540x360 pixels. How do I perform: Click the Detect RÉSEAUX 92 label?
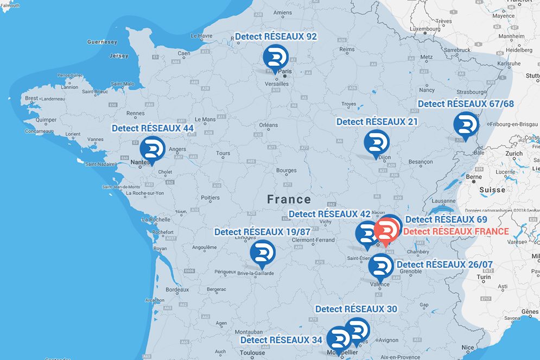tap(276, 36)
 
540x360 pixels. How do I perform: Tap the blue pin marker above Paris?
tap(276, 58)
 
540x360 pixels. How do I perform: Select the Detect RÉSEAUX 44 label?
tap(153, 128)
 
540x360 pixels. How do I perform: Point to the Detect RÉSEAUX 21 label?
tap(377, 122)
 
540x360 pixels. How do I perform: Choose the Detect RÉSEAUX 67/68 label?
tap(465, 104)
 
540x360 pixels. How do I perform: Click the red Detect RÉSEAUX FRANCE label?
tap(456, 231)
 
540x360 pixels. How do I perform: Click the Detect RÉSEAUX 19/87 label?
tap(262, 232)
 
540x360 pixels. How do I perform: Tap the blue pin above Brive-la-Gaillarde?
tap(263, 253)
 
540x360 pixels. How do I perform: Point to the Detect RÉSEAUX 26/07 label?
tap(444, 264)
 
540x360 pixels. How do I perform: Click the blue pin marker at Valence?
tap(380, 266)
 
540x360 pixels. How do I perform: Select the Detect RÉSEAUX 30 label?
tap(356, 309)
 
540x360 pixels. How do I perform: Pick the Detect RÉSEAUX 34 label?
tap(281, 340)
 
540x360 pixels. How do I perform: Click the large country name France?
tap(289, 199)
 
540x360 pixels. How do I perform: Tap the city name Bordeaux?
tap(177, 290)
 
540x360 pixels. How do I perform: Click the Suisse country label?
tap(492, 190)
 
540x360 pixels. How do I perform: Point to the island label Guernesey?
tap(102, 42)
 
